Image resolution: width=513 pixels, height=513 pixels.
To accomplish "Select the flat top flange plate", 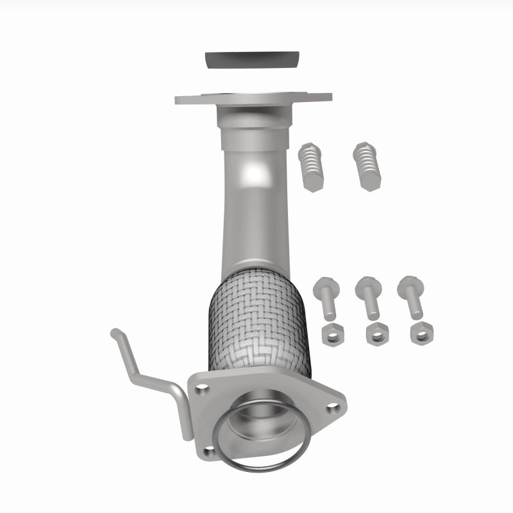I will tap(192, 99).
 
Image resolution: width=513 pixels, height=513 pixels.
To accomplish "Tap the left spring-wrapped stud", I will tap(310, 164).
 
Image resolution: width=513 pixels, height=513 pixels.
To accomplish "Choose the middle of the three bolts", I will tap(369, 297).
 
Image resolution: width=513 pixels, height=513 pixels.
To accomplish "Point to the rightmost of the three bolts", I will tap(410, 297).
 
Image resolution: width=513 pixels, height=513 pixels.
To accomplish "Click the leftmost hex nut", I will tap(332, 333).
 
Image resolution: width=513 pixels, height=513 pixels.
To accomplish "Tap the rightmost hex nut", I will tap(421, 332).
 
